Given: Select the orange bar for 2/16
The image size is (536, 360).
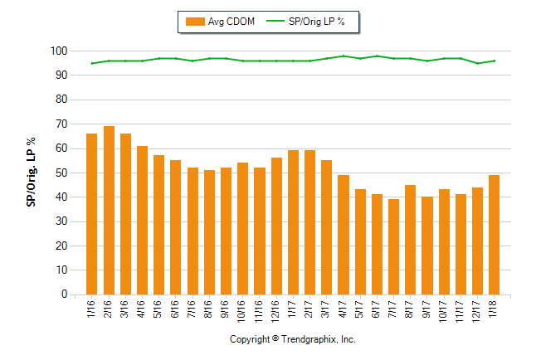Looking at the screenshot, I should pyautogui.click(x=109, y=211).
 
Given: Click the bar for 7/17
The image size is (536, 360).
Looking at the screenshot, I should pyautogui.click(x=393, y=246).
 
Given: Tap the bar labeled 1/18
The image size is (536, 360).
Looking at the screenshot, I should pyautogui.click(x=494, y=235).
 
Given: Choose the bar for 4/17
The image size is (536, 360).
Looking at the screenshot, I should pyautogui.click(x=343, y=235).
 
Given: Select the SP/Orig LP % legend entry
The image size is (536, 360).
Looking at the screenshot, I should pyautogui.click(x=320, y=22).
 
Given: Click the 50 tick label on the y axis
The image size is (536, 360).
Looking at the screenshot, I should pyautogui.click(x=61, y=173).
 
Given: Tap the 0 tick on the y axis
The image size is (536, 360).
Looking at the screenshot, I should pyautogui.click(x=63, y=294).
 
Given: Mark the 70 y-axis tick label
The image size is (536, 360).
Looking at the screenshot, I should pyautogui.click(x=61, y=124).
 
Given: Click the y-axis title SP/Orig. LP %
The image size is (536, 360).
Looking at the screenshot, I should pyautogui.click(x=31, y=173).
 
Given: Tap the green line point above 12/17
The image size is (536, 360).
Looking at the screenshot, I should pyautogui.click(x=477, y=63).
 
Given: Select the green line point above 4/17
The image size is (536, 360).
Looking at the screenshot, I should pyautogui.click(x=343, y=56).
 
